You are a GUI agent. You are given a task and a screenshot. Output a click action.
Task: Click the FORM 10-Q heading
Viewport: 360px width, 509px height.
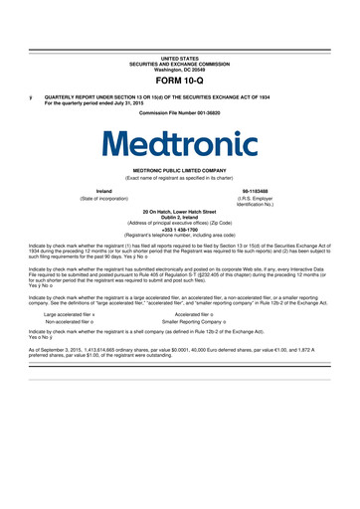[180, 52]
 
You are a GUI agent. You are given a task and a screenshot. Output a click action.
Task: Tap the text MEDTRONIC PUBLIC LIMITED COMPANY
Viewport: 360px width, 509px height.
[180, 169]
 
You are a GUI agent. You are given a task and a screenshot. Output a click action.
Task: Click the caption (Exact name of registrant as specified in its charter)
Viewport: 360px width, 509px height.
[180, 176]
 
